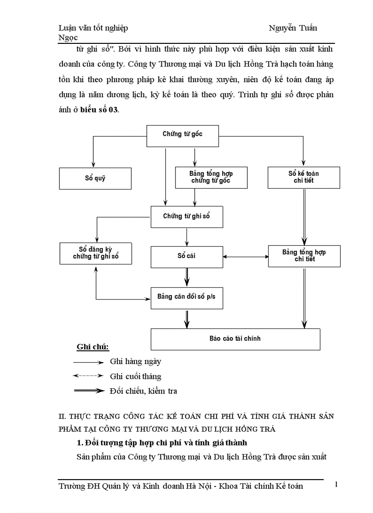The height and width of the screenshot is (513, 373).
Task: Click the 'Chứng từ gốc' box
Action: point(182,134)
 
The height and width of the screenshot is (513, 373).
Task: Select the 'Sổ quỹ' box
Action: point(95,178)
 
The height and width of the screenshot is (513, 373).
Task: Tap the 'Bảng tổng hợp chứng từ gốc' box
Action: point(211,177)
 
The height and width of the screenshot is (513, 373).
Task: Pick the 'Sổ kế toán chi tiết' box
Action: point(304,177)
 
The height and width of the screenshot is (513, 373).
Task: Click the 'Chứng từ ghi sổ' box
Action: point(186,217)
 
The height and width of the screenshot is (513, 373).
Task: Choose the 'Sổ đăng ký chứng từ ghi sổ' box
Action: point(96,253)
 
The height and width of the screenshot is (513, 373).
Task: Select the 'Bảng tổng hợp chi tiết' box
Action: point(304,256)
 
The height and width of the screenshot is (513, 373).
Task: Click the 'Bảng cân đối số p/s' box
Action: point(186,297)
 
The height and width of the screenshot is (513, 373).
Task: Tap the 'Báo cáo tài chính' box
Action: point(235,339)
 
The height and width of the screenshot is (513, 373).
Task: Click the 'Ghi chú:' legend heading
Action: point(93,347)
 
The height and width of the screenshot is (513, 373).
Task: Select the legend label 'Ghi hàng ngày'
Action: point(135,362)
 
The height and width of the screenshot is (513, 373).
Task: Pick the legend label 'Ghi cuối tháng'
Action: point(135,377)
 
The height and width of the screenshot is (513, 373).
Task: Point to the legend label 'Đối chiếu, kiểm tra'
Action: point(144,391)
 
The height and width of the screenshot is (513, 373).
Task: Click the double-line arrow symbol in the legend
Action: point(89,391)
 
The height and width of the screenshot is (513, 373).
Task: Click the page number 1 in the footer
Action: point(336,484)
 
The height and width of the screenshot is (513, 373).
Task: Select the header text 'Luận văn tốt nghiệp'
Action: point(93,28)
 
